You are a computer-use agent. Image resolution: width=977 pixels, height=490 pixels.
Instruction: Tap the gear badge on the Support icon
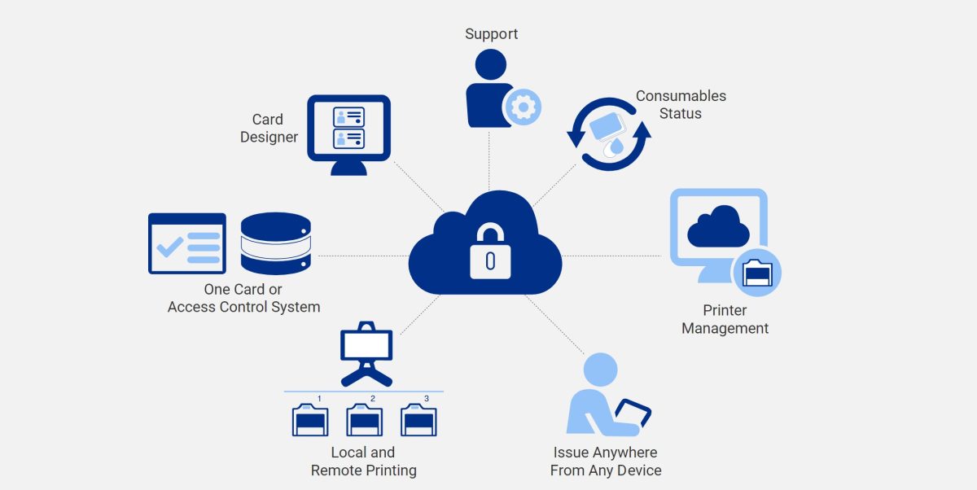(x=522, y=106)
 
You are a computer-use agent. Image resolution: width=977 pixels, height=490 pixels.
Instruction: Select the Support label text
(x=491, y=33)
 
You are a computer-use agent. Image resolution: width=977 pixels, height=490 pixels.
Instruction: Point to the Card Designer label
(x=269, y=128)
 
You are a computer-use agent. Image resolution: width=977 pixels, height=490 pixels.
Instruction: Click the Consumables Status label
(x=681, y=104)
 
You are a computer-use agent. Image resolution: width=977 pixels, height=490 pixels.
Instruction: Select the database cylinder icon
(x=276, y=243)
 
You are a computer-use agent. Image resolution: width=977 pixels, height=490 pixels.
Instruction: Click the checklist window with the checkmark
(x=186, y=243)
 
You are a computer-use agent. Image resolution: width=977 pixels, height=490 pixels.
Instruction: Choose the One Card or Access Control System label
(x=243, y=298)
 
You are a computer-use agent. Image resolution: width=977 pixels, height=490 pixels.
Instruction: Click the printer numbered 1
(x=309, y=420)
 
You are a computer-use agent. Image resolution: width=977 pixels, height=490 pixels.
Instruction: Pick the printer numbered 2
(x=364, y=420)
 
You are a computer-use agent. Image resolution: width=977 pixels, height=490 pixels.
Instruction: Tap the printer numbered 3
(x=418, y=420)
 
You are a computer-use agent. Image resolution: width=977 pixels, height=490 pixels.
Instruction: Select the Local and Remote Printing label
(x=363, y=461)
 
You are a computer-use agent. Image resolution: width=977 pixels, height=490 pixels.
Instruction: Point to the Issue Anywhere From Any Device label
(x=605, y=461)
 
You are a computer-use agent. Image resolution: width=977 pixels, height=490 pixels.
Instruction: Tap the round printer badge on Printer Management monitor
(x=757, y=273)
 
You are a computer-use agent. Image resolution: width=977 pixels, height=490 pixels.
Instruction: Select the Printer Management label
(x=725, y=319)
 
